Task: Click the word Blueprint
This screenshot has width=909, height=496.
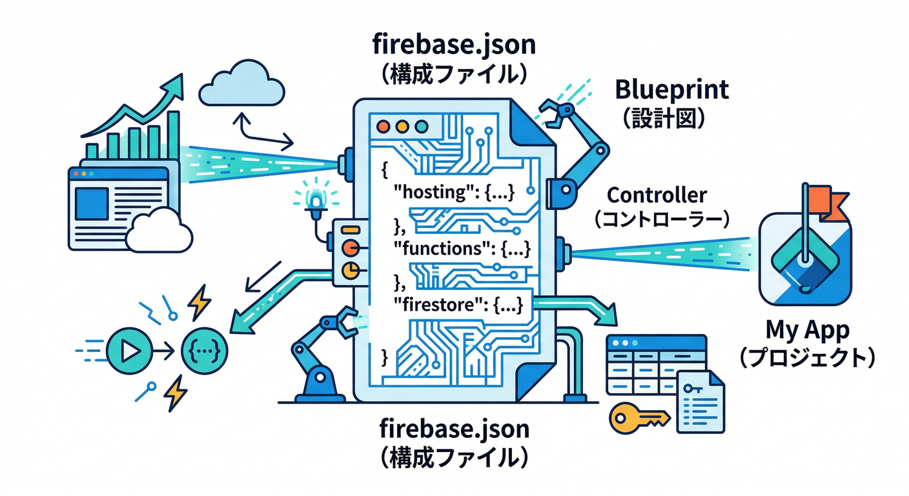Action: click(671, 90)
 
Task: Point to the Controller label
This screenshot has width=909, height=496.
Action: click(657, 194)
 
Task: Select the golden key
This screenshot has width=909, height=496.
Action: click(637, 418)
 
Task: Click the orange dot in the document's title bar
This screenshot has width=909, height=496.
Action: click(385, 125)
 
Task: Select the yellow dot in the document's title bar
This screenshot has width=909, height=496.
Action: click(404, 125)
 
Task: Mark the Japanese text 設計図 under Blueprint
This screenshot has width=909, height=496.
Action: click(671, 119)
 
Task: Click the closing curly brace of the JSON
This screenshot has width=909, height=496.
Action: click(385, 356)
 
